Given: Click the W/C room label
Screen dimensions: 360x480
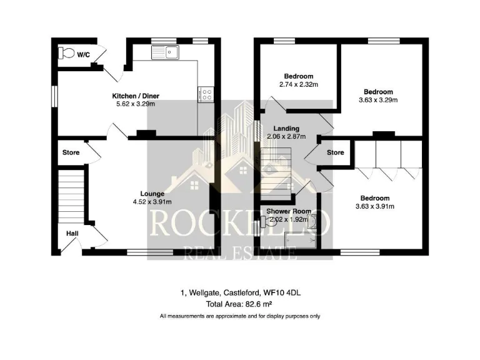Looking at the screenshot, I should tap(83, 55).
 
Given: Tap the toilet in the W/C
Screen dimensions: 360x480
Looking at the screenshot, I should tap(65, 54).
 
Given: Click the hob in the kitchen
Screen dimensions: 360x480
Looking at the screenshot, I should tap(206, 94).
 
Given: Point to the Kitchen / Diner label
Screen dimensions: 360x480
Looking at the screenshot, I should tap(136, 96).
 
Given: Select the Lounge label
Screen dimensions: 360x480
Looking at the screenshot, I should tap(152, 194).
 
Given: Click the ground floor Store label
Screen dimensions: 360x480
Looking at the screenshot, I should tap(71, 152).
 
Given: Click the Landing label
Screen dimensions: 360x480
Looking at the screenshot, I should tap(286, 129).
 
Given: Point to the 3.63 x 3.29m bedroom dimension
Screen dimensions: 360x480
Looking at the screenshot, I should tap(377, 99).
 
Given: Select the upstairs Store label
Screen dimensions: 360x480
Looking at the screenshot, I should tap(336, 152).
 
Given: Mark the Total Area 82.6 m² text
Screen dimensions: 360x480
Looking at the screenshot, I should tap(240, 304).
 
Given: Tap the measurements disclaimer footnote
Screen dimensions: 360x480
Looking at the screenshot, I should tap(240, 316).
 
